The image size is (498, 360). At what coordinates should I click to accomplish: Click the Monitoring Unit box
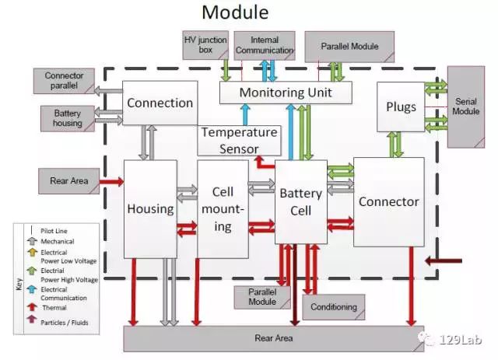pos(286,93)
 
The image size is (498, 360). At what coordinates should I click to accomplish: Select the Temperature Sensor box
pos(239,141)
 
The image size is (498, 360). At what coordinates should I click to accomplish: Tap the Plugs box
pos(401,107)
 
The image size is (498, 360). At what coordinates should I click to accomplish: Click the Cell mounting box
pos(223,209)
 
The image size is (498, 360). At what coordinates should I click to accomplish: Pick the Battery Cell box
pos(301,202)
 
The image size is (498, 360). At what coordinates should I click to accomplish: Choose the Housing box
pos(150,209)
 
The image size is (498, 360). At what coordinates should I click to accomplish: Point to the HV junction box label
pos(205,45)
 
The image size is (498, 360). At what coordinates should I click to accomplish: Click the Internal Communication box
pos(265,45)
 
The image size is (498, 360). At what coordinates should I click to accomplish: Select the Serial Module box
pos(466,107)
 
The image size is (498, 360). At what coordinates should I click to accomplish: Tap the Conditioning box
pos(334,307)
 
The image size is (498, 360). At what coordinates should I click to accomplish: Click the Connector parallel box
pos(64,81)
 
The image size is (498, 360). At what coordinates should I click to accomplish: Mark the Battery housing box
pos(68,118)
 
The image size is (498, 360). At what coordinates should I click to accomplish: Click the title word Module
pos(235,12)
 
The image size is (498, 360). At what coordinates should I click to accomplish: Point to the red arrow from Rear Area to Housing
pos(111,182)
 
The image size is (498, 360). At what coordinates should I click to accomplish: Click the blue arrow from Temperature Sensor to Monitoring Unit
pos(245,115)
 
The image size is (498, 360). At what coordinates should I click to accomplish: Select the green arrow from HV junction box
pos(226,70)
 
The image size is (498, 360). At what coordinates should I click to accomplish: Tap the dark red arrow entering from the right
pos(444,261)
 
